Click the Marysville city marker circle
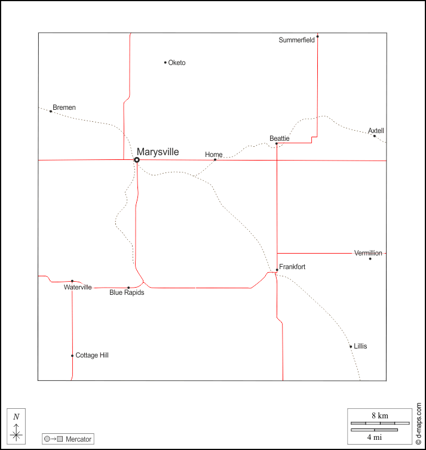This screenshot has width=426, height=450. pyautogui.click(x=137, y=160)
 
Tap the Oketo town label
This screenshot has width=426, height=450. pyautogui.click(x=177, y=63)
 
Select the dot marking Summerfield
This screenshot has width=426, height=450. pyautogui.click(x=317, y=36)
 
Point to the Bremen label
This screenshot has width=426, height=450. pyautogui.click(x=64, y=107)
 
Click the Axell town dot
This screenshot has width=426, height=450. pyautogui.click(x=375, y=136)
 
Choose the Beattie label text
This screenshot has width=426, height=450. pyautogui.click(x=279, y=138)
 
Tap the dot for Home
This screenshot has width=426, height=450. pyautogui.click(x=215, y=159)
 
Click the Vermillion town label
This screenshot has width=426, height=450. pyautogui.click(x=368, y=253)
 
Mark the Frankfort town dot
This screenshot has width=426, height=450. pyautogui.click(x=277, y=270)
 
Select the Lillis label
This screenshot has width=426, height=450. pyautogui.click(x=360, y=346)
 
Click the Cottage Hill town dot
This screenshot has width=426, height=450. pyautogui.click(x=72, y=356)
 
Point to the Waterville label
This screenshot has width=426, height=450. pyautogui.click(x=78, y=287)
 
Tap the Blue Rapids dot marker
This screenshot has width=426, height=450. pyautogui.click(x=128, y=288)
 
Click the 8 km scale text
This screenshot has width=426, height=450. pyautogui.click(x=380, y=415)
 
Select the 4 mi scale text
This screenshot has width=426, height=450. pyautogui.click(x=374, y=437)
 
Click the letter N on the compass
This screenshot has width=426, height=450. pyautogui.click(x=16, y=417)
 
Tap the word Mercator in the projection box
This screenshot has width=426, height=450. pyautogui.click(x=78, y=439)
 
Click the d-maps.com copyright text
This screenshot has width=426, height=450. pyautogui.click(x=418, y=424)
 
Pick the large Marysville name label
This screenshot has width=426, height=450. pyautogui.click(x=158, y=152)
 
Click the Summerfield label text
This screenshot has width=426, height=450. pyautogui.click(x=296, y=40)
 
